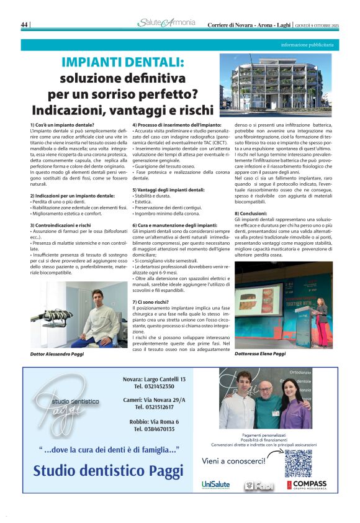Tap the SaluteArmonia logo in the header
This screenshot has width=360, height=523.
[166, 24]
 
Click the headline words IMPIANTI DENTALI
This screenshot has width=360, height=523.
[122, 62]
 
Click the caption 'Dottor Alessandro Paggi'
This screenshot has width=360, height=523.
[56, 353]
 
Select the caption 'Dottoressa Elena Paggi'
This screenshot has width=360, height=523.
[260, 353]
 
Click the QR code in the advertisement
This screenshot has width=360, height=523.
[297, 463]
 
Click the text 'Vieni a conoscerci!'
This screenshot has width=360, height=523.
[234, 460]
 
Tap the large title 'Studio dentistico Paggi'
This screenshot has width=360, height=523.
[108, 470]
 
